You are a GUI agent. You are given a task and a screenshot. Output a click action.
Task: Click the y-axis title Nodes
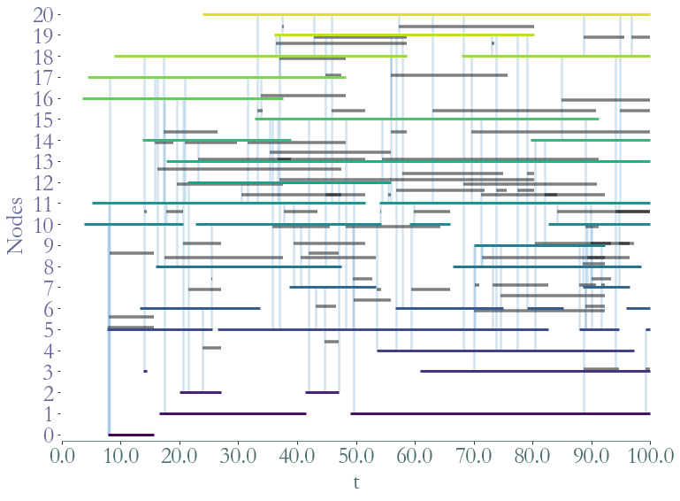(x=17, y=225)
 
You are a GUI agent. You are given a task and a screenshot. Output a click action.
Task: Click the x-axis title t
(x=355, y=482)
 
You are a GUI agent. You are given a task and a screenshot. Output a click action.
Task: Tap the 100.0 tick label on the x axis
(x=649, y=457)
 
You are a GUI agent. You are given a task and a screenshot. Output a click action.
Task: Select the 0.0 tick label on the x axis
(x=62, y=457)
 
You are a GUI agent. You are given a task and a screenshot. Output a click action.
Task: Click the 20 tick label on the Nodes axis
(x=42, y=14)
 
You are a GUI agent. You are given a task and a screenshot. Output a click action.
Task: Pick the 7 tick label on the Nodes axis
(x=48, y=288)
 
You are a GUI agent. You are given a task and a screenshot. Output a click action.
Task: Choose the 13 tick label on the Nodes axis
(x=42, y=161)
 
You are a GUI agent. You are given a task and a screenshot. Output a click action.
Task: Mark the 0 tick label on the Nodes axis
(x=48, y=435)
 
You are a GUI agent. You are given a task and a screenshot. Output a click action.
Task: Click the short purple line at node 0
(x=131, y=435)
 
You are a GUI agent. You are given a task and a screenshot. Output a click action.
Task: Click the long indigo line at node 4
(x=505, y=351)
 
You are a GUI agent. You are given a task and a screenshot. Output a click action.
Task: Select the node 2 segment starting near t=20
(x=201, y=392)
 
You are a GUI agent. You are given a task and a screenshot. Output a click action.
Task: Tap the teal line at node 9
(x=539, y=245)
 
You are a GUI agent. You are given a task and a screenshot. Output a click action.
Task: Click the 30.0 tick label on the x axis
(x=238, y=457)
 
